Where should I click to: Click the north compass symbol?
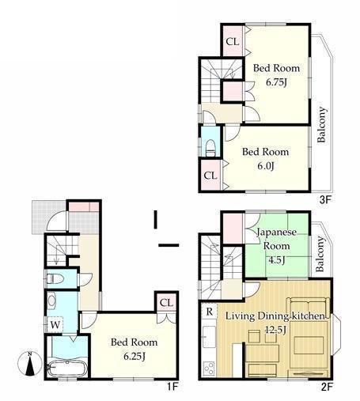(30, 363)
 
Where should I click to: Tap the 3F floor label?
(325, 200)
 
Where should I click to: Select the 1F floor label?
(172, 387)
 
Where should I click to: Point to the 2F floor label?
(327, 387)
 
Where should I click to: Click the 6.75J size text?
(276, 82)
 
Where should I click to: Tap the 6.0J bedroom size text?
(266, 166)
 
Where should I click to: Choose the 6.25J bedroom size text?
(135, 356)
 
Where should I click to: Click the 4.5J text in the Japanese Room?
(276, 260)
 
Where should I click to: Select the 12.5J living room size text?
(275, 330)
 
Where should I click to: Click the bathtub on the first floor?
(67, 369)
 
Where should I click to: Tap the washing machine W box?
(55, 324)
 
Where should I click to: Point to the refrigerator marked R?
(209, 312)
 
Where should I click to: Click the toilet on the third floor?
(210, 148)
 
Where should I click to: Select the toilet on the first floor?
(55, 278)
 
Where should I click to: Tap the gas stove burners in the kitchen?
(209, 369)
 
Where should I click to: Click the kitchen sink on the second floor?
(209, 337)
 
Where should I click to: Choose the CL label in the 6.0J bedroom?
(210, 176)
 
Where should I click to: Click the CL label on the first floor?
(166, 302)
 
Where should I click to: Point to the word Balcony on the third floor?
(322, 124)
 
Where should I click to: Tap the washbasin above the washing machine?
(51, 301)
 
